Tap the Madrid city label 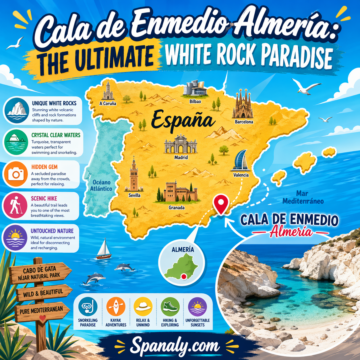point(181,157)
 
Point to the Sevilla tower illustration point(133,175)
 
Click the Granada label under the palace point(177,208)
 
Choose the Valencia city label point(241,175)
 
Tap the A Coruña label point(108,103)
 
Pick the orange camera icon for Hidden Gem point(16,174)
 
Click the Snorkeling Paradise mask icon point(88,307)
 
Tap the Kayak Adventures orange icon point(116,307)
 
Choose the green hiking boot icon point(170,307)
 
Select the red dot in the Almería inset point(184,276)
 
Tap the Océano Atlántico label point(101,185)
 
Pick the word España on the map point(183,120)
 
